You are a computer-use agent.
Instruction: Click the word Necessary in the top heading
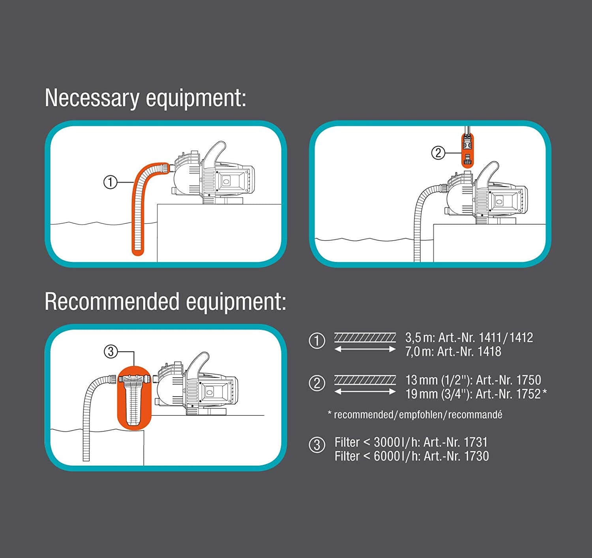[x=92, y=98]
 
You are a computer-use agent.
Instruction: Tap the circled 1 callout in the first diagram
[x=111, y=182]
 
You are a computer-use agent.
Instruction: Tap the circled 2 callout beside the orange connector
[x=438, y=153]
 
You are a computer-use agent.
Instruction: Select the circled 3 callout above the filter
[x=111, y=351]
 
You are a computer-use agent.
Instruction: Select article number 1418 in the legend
[x=489, y=352]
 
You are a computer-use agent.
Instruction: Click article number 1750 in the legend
[x=528, y=380]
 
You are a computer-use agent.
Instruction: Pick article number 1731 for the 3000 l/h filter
[x=476, y=442]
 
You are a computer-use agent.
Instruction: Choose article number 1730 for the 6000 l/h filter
[x=476, y=456]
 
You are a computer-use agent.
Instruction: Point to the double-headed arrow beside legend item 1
[x=365, y=349]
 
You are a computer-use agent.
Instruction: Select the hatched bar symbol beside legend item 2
[x=365, y=380]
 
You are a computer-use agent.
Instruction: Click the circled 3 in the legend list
[x=317, y=445]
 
